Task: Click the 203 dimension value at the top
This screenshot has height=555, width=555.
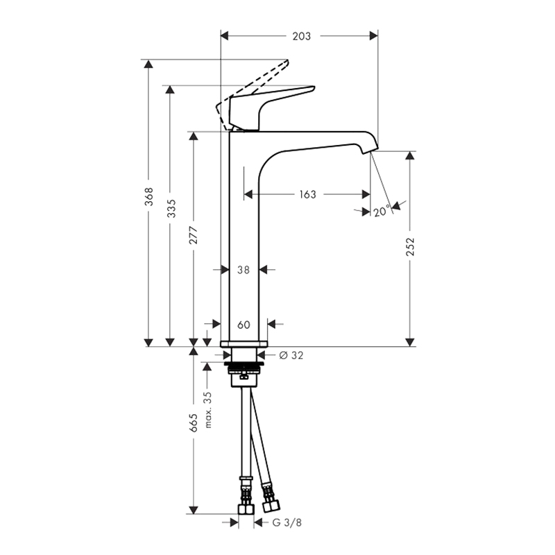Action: click(302, 36)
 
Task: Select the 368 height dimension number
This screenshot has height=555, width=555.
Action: click(149, 196)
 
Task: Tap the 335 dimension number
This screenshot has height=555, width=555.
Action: click(171, 208)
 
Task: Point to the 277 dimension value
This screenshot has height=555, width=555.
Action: click(194, 235)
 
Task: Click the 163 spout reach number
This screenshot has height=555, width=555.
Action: click(307, 194)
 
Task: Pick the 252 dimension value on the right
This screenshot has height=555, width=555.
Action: click(410, 247)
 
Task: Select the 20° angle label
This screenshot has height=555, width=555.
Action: click(382, 211)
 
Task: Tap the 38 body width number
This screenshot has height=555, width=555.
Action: click(244, 270)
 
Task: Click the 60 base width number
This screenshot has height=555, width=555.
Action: click(244, 325)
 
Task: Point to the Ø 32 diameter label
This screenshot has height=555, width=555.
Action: click(291, 355)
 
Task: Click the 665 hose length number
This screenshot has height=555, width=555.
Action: click(194, 422)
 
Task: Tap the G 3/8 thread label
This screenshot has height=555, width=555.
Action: click(287, 522)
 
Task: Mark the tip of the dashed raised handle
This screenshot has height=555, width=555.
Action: click(287, 61)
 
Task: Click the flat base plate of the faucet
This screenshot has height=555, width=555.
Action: click(244, 343)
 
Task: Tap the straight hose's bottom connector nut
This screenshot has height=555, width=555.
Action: click(246, 509)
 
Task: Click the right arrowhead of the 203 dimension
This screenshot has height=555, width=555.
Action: click(373, 36)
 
